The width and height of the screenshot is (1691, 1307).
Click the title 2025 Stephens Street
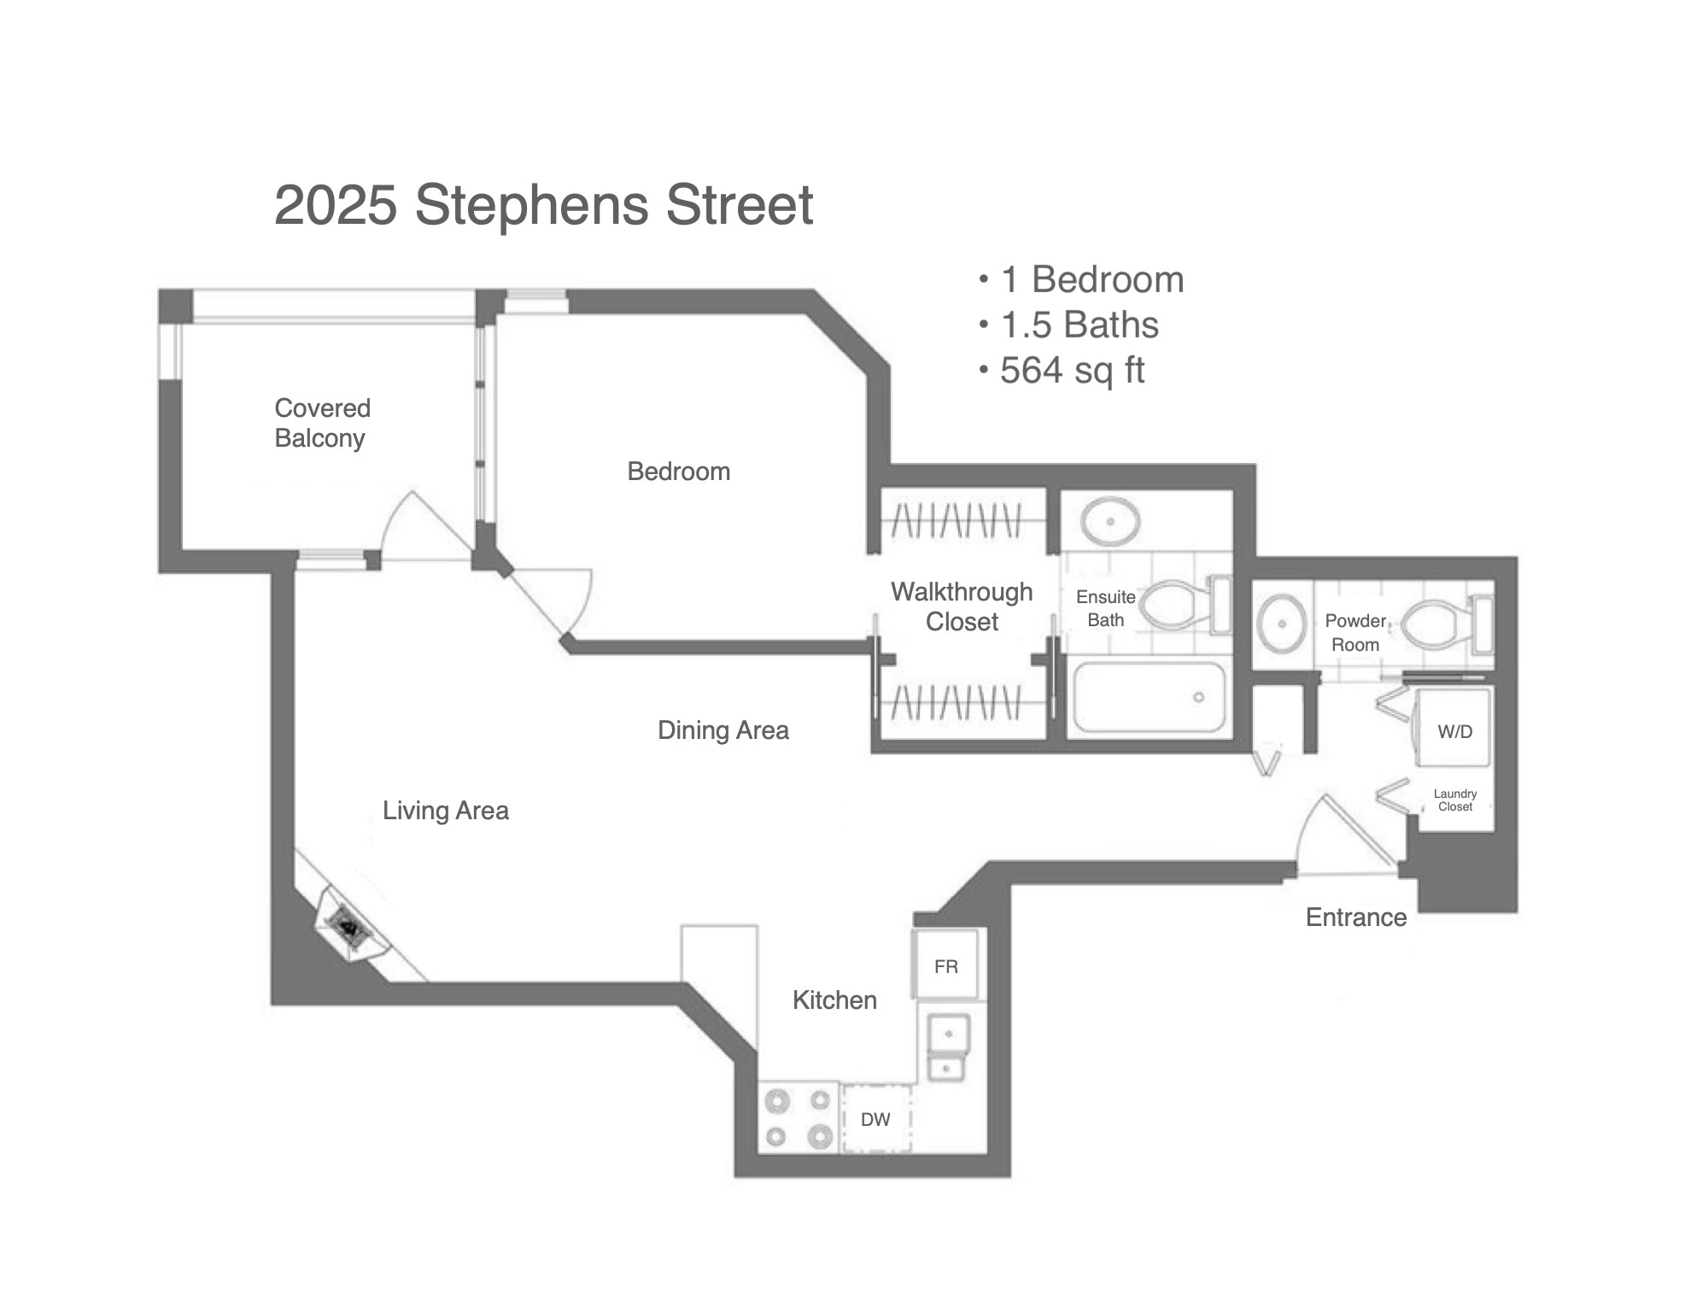(x=543, y=205)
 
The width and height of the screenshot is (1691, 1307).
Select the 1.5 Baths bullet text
(x=1080, y=325)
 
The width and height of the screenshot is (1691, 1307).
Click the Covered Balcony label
(x=322, y=423)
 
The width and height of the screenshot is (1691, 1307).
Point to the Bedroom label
(x=679, y=472)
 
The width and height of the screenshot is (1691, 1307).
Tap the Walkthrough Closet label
(x=962, y=607)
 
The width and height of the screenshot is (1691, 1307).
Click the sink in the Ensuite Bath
(x=1109, y=520)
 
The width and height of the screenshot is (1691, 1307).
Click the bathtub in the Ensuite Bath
(x=1150, y=697)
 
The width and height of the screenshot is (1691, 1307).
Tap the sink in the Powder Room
(x=1282, y=624)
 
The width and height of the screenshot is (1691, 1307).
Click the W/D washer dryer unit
(x=1454, y=730)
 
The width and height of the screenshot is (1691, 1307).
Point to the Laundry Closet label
(x=1455, y=800)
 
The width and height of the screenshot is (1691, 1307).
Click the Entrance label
(x=1356, y=917)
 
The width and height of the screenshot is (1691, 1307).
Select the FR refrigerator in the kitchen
(x=946, y=965)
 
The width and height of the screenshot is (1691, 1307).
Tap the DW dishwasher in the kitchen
(x=875, y=1119)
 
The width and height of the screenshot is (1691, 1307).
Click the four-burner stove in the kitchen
(x=799, y=1118)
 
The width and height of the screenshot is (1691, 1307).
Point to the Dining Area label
(x=723, y=730)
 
